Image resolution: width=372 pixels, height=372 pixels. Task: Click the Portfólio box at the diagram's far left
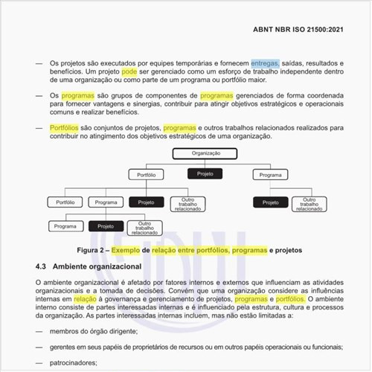coord(60,202)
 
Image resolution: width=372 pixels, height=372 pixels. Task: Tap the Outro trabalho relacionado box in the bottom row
coord(144,228)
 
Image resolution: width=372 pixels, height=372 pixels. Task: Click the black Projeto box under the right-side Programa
coord(270,202)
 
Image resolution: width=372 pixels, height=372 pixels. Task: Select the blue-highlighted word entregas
coord(264,63)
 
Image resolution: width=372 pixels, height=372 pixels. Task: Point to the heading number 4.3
coord(43,266)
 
